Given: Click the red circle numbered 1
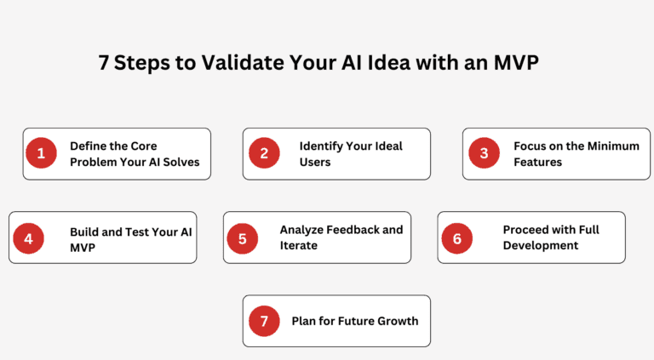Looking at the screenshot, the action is [x=41, y=153].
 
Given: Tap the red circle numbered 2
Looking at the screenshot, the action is [x=265, y=153].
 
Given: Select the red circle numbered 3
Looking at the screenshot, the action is [x=485, y=153].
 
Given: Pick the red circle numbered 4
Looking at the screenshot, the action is [x=28, y=239].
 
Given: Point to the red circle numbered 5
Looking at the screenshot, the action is [x=243, y=239].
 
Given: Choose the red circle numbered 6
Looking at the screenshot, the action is [x=457, y=239].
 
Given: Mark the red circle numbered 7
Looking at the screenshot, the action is [x=265, y=321].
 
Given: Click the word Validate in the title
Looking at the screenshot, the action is [x=243, y=62].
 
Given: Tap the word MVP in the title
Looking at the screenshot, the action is [x=516, y=62].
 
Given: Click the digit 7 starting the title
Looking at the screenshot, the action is [x=103, y=63].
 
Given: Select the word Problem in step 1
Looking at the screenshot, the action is [x=94, y=162].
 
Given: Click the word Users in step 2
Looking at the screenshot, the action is [x=315, y=162].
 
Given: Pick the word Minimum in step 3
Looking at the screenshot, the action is [x=613, y=146].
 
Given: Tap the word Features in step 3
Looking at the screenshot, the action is [x=537, y=162].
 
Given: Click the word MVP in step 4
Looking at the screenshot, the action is [x=83, y=248].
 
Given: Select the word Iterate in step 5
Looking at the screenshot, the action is [x=299, y=245].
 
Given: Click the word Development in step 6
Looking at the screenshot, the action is [x=541, y=246].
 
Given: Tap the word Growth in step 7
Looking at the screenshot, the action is [x=398, y=321].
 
